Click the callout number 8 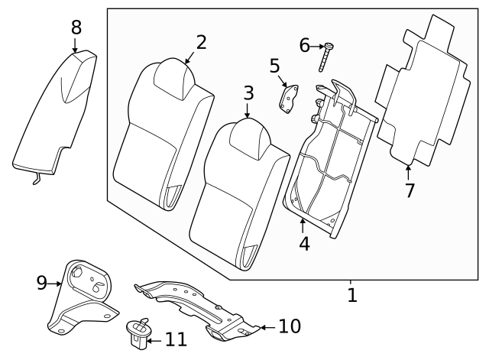[76, 28]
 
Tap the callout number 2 [201, 42]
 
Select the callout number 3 [248, 93]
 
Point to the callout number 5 [275, 66]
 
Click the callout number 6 [305, 47]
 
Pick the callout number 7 [410, 190]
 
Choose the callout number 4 [305, 245]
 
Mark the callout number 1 [352, 295]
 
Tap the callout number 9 [42, 284]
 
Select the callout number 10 [290, 327]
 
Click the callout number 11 [176, 339]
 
